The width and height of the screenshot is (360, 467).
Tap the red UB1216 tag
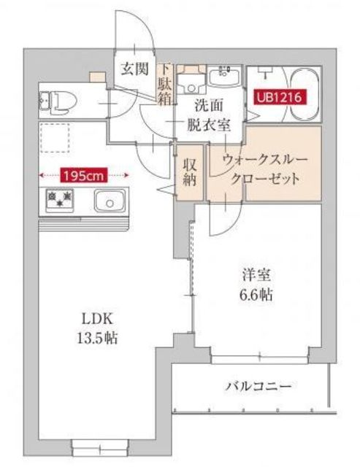(x=277, y=96)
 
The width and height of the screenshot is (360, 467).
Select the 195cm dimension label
(x=85, y=174)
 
